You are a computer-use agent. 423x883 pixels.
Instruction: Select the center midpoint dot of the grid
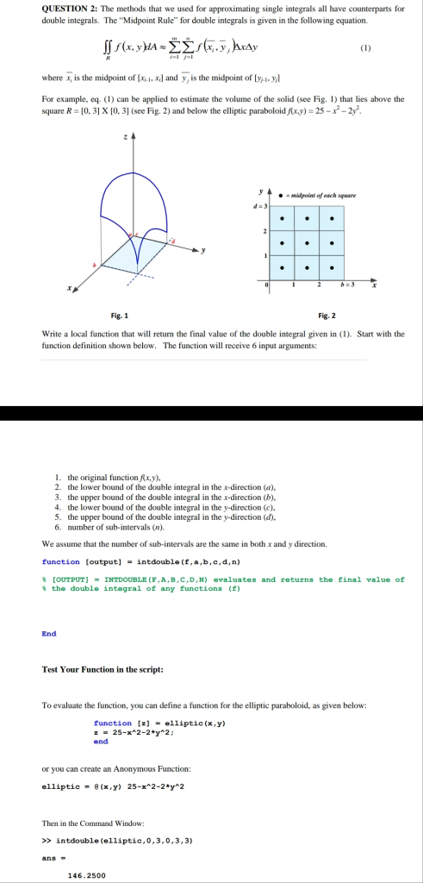tap(307, 241)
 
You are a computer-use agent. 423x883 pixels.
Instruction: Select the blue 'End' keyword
tap(49, 633)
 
